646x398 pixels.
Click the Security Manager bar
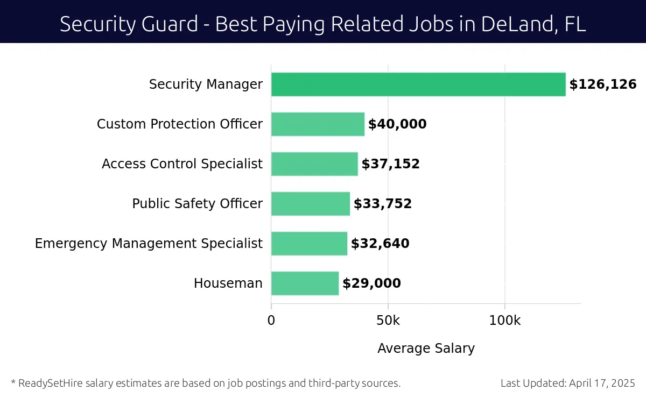point(418,84)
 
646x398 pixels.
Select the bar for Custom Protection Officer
point(318,124)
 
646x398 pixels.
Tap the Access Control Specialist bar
point(314,164)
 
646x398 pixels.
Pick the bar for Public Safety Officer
point(311,204)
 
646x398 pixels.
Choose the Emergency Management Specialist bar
point(309,244)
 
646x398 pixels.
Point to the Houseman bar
point(305,283)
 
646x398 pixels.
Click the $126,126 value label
point(603,84)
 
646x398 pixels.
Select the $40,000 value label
point(397,124)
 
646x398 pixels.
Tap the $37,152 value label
point(390,164)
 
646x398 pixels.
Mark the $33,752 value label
point(383,204)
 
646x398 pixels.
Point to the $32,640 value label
point(380,244)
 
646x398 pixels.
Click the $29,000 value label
point(371,283)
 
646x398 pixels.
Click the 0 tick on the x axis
point(271,321)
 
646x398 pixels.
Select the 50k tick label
point(388,321)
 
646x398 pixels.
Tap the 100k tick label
point(505,321)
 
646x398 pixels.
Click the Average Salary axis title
point(426,349)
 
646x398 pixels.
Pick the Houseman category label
point(228,283)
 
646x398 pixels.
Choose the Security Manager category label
point(206,84)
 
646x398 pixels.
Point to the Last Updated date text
point(568,383)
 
